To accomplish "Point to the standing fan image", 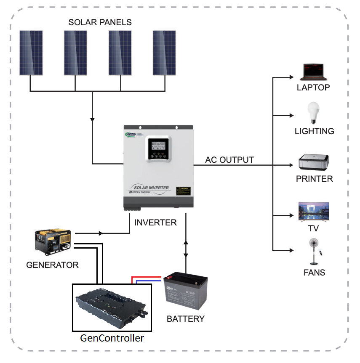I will click(x=313, y=252).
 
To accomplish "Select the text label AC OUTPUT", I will click(x=229, y=160).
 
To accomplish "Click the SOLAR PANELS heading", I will click(x=100, y=22).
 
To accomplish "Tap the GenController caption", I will click(x=112, y=338).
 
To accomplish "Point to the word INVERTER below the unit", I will click(x=155, y=223).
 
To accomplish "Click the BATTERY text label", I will click(x=186, y=319).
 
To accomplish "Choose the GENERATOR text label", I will click(x=52, y=265).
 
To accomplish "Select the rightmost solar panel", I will click(x=164, y=53).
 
